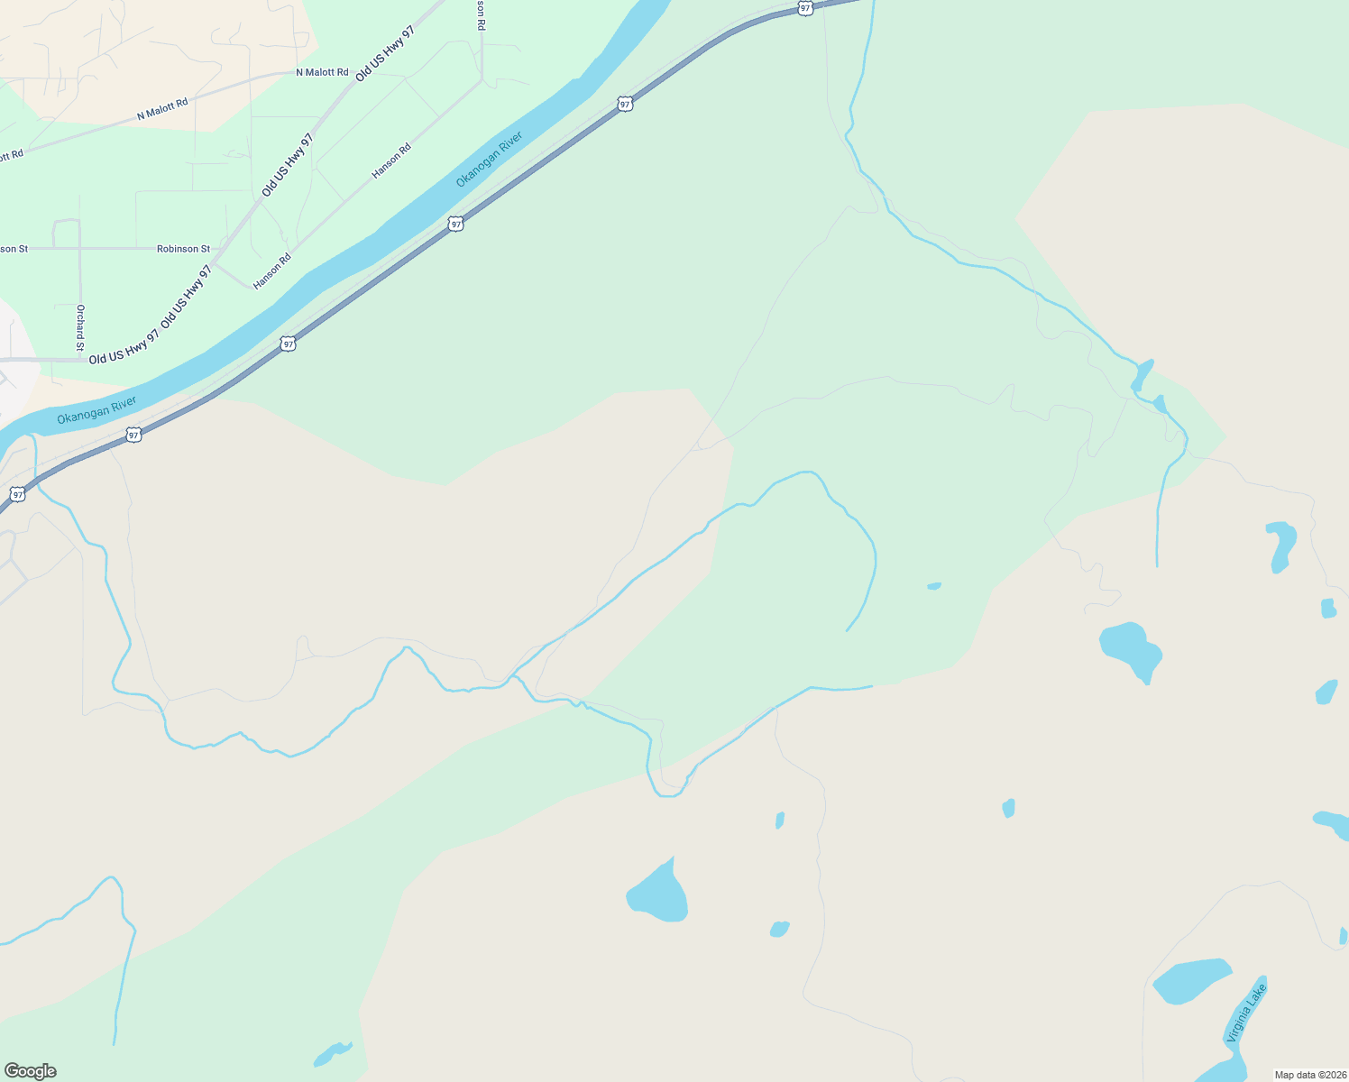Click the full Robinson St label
183,249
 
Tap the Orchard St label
80,327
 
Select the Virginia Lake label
1246,1013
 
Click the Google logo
31,1071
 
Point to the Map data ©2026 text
1310,1075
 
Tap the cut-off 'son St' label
14,249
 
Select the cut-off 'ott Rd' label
11,156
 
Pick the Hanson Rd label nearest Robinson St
271,271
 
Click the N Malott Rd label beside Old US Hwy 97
322,72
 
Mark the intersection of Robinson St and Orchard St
80,249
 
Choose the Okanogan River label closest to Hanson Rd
489,160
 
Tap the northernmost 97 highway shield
805,8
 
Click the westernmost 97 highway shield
17,495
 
